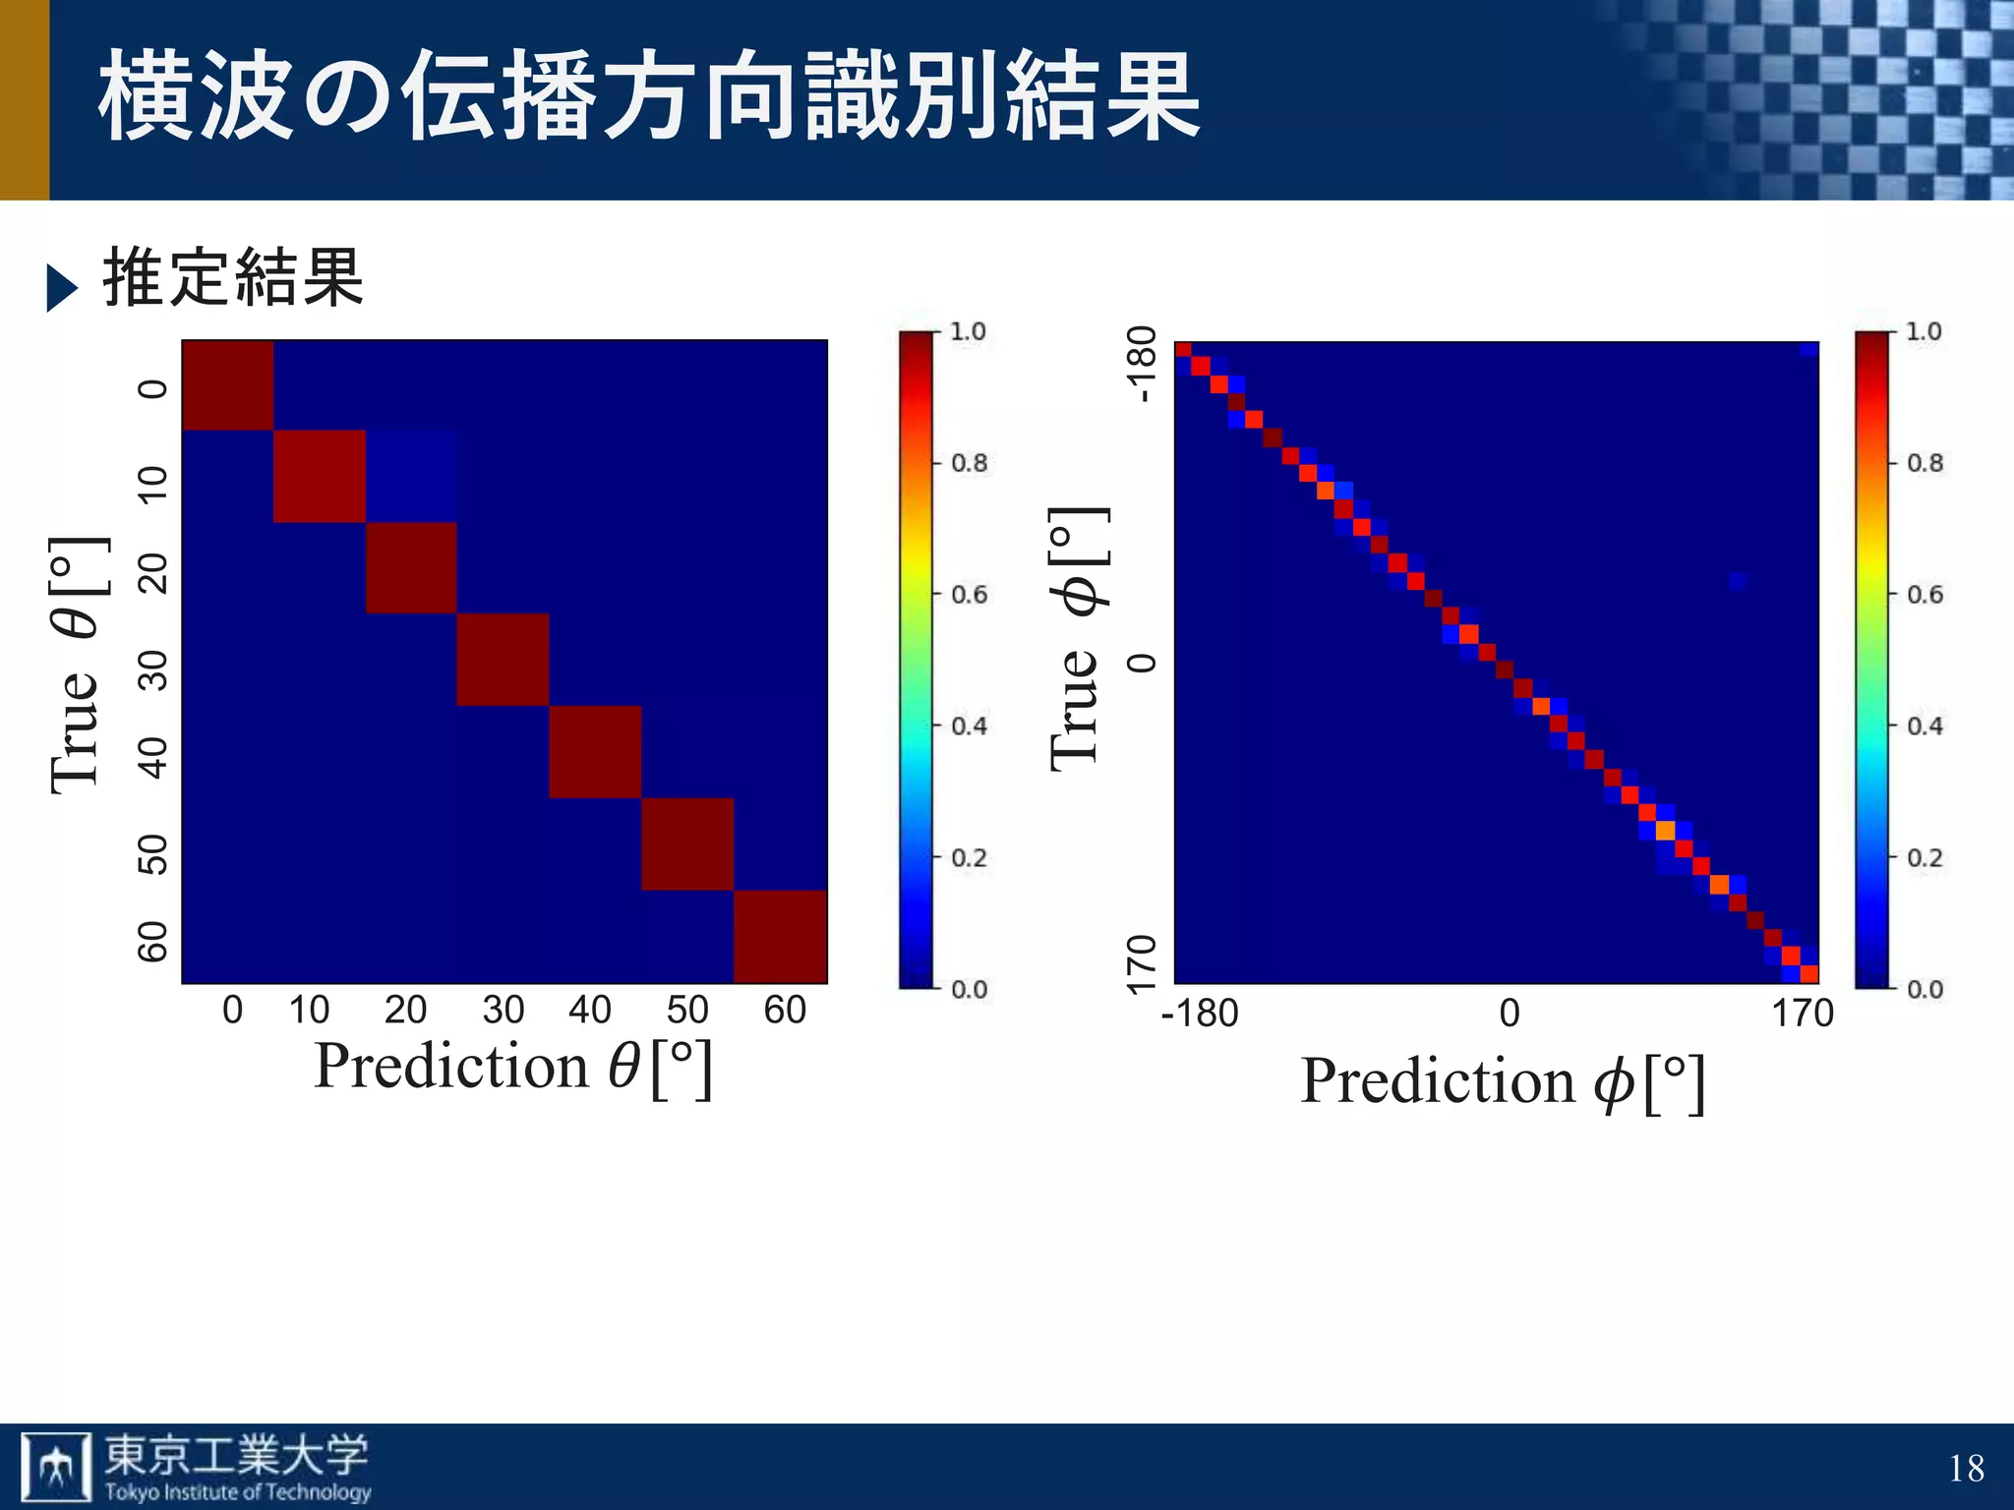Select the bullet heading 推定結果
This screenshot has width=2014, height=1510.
(233, 278)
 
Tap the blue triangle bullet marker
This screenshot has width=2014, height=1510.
(61, 288)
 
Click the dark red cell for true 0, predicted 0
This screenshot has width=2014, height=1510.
(227, 385)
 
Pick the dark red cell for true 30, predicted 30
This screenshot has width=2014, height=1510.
(503, 660)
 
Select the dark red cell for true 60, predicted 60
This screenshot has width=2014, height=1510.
(780, 936)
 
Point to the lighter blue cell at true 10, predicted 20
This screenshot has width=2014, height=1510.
(411, 476)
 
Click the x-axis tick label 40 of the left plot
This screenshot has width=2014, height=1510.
(590, 1010)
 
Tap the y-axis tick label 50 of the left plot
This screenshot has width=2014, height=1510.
(152, 854)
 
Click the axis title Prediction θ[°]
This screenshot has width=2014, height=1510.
(512, 1068)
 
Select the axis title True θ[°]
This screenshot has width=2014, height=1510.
(77, 665)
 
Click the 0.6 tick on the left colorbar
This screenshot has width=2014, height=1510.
(969, 595)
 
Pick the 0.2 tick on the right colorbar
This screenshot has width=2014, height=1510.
(1925, 858)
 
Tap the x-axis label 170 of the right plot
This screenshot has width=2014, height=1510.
(1802, 1014)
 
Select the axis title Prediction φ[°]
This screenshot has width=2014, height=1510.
(1502, 1082)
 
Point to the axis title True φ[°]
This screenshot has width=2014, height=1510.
(1077, 639)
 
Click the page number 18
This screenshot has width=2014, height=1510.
(1966, 1468)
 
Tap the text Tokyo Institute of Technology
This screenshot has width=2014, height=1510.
(238, 1492)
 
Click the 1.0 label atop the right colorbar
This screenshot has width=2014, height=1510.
(1924, 331)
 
